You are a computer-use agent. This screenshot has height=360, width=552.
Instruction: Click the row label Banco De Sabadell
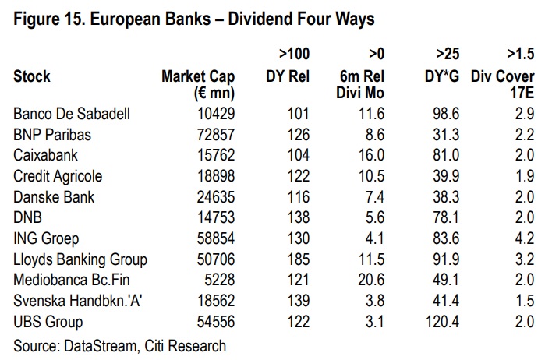click(71, 114)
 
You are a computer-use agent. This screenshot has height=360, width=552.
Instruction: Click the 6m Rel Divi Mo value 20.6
click(373, 281)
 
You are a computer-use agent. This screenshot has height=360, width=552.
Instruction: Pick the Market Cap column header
click(198, 76)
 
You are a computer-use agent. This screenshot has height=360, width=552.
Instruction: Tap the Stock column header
click(32, 76)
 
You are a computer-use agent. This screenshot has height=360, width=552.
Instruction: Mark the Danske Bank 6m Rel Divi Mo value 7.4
click(376, 197)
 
